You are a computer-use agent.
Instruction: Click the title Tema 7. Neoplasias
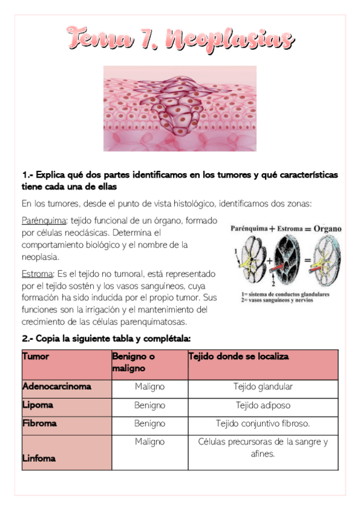[x=181, y=39]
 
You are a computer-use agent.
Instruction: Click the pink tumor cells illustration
[x=180, y=108]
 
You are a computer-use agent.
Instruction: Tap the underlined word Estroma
[x=37, y=274]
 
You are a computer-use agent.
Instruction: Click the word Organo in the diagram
[x=327, y=229]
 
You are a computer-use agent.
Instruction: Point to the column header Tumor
[x=36, y=356]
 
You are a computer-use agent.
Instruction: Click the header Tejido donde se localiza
[x=239, y=357]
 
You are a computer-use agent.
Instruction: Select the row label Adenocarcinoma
[x=56, y=387]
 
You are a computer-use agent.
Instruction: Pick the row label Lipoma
[x=37, y=405]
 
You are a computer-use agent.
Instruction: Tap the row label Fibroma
[x=39, y=423]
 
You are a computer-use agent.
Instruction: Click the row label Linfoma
[x=39, y=458]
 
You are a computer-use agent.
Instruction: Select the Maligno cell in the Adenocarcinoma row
[x=150, y=387]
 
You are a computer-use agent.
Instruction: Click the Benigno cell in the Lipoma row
[x=150, y=405]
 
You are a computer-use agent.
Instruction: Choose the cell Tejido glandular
[x=263, y=387]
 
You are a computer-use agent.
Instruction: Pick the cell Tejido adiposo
[x=263, y=405]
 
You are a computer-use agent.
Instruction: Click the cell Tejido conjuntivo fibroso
[x=263, y=423]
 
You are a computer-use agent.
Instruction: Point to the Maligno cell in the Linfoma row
[x=150, y=442]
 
